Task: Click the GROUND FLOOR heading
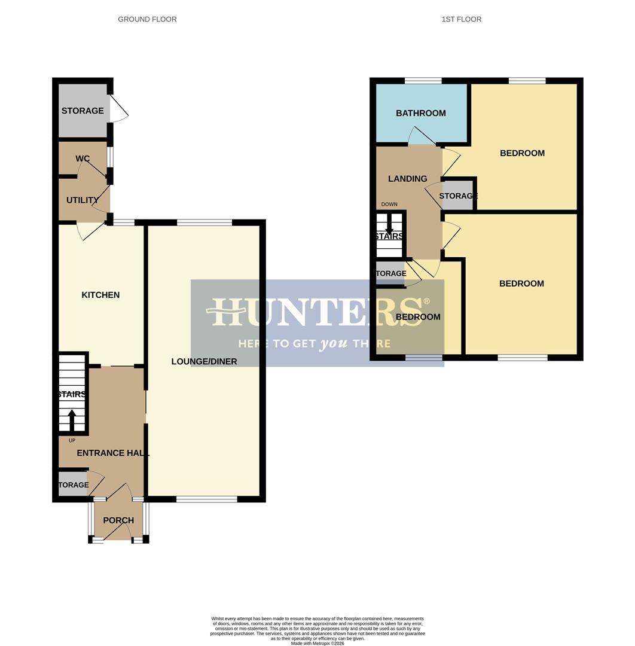147,19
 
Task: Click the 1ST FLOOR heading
461,19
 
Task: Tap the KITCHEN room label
100,295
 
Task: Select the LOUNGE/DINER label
204,361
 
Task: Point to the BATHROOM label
420,113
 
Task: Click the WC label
83,159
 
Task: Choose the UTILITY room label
83,200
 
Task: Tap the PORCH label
118,520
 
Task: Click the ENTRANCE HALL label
112,453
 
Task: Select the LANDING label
407,179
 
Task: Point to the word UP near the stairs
72,441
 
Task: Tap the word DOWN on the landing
389,205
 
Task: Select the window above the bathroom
423,81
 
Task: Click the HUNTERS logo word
317,312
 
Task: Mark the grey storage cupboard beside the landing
457,196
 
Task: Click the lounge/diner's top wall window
204,223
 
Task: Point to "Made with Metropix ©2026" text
317,643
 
